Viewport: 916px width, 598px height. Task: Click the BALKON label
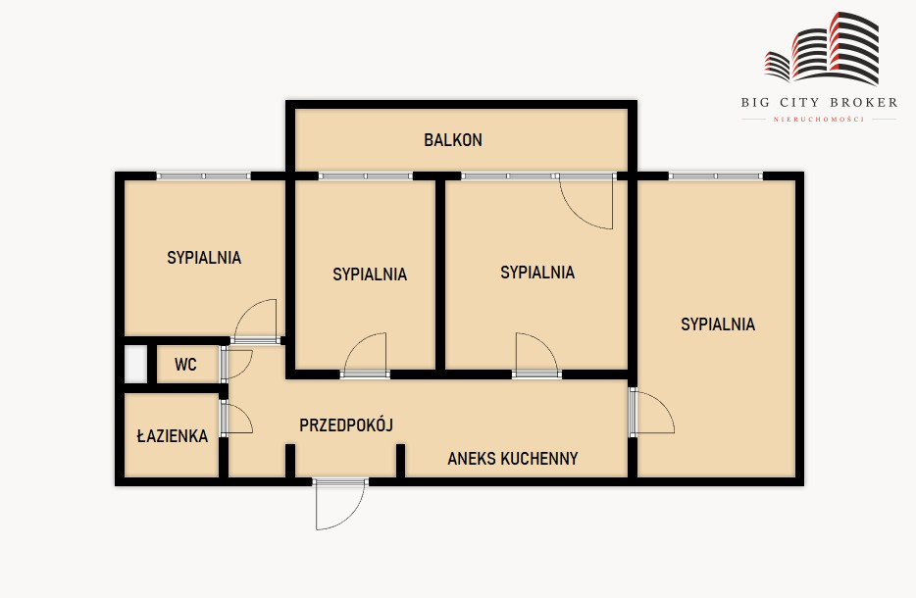coord(453,140)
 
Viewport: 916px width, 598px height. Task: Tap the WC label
coord(185,365)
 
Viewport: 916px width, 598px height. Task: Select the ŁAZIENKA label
coord(173,435)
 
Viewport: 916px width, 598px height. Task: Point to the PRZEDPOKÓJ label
coord(346,424)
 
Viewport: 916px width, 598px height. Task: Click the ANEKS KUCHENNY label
coord(512,459)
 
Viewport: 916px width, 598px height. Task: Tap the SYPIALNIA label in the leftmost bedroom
coord(204,258)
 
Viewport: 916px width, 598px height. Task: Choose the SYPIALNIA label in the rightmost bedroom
coord(717,324)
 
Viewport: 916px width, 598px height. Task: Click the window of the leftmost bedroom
coord(203,175)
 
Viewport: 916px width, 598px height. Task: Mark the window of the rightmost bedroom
coord(716,175)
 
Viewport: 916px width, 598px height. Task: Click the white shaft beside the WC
coord(135,365)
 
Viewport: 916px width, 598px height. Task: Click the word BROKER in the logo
coord(863,103)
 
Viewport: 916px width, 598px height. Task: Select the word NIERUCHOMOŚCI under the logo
coord(819,120)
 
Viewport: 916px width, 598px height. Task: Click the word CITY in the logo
coord(799,103)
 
